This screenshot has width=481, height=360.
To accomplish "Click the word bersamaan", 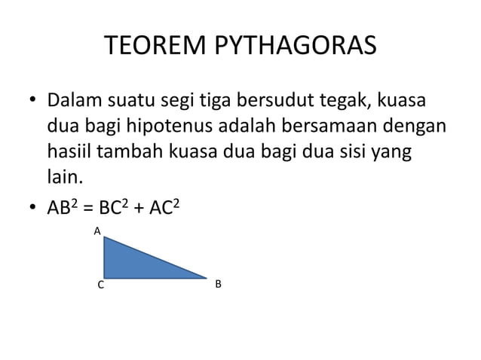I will pos(345,126).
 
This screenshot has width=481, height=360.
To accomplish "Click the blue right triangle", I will pos(132,264).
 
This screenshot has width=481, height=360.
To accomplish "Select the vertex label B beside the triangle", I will pos(218,284).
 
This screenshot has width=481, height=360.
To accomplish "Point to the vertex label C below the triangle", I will pos(100,285).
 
